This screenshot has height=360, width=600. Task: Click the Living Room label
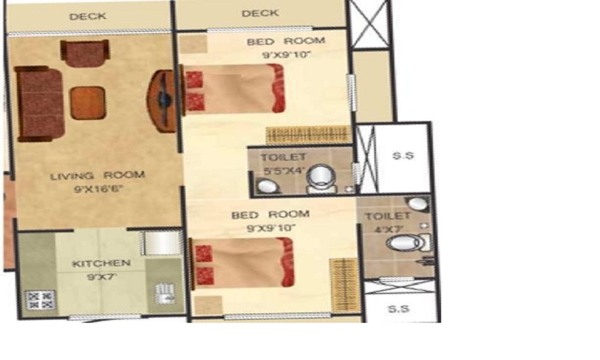click(97, 175)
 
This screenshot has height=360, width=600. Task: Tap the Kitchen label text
click(101, 263)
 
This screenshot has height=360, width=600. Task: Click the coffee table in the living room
click(88, 102)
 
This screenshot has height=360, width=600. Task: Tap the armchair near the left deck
click(85, 53)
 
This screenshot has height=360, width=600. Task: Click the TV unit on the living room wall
click(162, 101)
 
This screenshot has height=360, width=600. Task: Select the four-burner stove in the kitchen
click(40, 298)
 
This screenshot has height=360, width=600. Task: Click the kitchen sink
click(164, 293)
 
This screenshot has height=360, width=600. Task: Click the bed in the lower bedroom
click(242, 262)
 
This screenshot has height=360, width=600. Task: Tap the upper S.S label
click(403, 156)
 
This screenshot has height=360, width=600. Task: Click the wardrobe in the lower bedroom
click(345, 284)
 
